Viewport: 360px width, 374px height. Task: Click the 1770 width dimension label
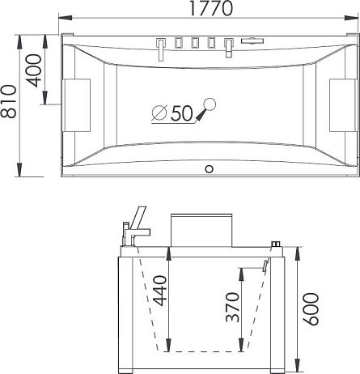[211, 8]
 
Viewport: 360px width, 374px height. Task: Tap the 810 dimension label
[8, 101]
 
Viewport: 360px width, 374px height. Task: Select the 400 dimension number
[34, 70]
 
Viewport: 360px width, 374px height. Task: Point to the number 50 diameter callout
[181, 113]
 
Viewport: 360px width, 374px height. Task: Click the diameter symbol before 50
[159, 113]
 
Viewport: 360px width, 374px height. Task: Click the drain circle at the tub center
[210, 104]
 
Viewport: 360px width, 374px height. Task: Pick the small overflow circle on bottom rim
[210, 169]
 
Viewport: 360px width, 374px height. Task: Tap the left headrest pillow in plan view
[76, 105]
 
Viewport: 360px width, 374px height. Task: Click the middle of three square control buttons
[195, 43]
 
